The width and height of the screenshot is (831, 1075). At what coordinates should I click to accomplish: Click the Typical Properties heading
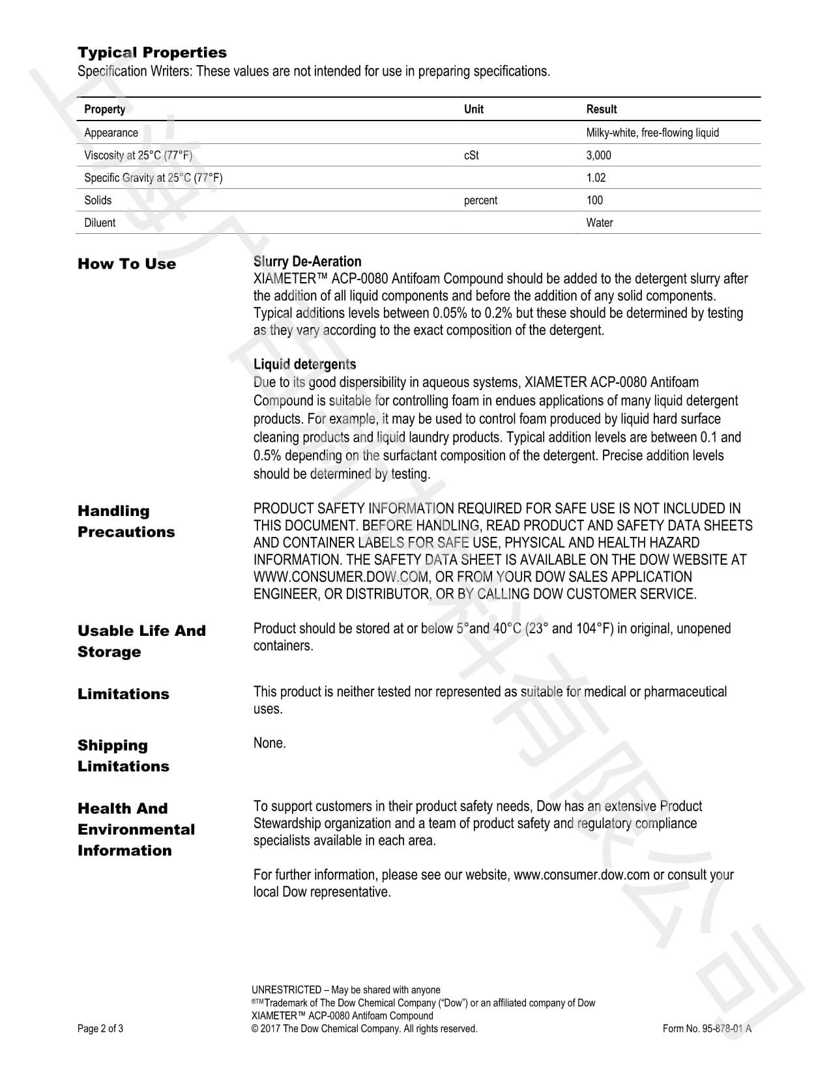coord(152,53)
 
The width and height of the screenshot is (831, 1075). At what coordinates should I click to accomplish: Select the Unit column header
coord(473,109)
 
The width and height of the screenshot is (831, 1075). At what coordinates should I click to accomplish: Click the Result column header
coord(601,109)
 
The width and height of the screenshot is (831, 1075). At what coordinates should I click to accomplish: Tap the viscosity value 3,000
coord(598,155)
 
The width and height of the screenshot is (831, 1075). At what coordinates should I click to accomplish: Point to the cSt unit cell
coord(471,155)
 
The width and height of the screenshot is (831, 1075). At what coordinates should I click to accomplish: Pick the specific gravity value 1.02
coord(596,178)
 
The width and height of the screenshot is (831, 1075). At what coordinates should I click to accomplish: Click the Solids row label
coord(98,200)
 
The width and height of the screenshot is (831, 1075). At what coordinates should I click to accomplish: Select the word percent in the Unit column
coord(480,201)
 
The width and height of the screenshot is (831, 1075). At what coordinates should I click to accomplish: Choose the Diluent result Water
coord(599,223)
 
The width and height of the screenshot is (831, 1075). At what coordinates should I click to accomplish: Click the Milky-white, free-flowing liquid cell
coord(652,133)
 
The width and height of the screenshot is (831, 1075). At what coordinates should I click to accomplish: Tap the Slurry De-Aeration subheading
coord(307,262)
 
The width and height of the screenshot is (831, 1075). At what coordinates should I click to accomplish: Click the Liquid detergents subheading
coord(304,364)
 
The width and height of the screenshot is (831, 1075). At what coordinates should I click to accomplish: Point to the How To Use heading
coord(126,264)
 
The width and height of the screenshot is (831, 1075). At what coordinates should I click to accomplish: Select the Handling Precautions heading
coord(126,521)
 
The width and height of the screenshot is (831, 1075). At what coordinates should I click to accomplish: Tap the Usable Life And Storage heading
coord(141,641)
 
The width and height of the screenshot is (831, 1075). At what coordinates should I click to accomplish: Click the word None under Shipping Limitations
coord(269,743)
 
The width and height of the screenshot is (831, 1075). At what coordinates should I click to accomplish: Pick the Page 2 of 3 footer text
coord(100,1029)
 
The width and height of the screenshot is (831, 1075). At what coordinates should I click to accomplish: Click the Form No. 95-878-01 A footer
coord(707,1029)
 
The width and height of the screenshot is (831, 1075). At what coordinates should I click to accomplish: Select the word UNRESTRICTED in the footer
coord(286,990)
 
